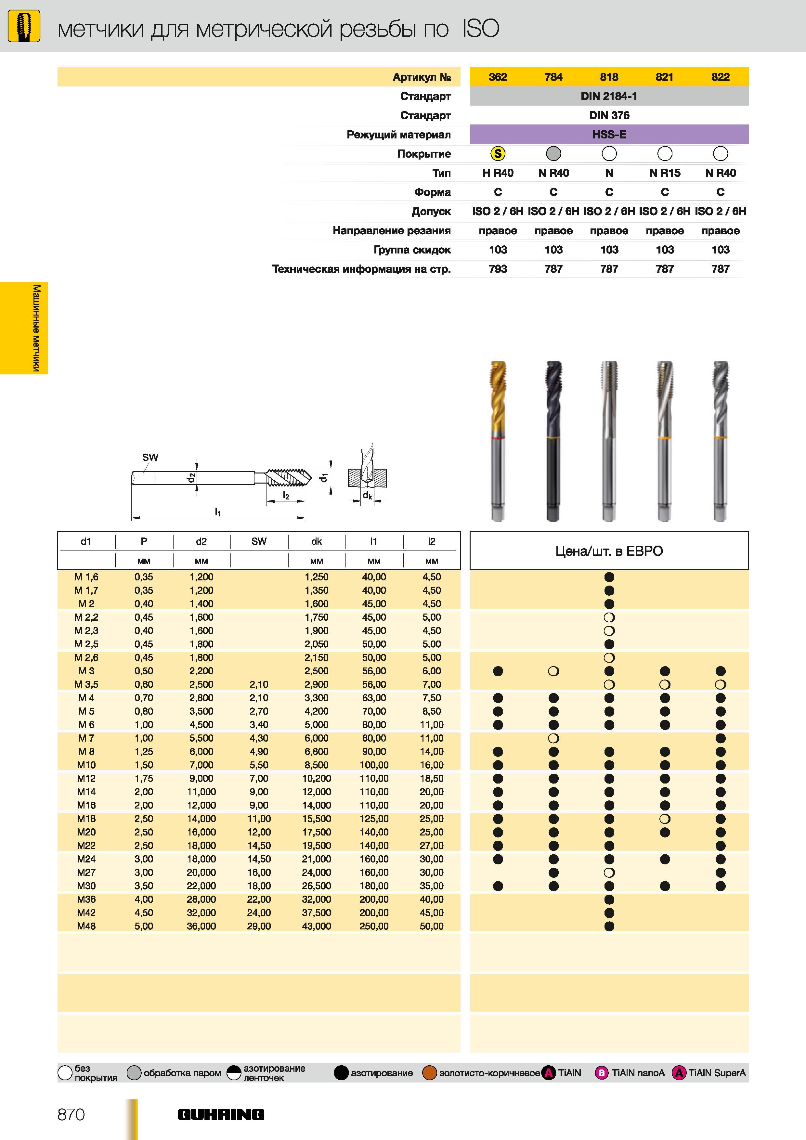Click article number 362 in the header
(x=498, y=77)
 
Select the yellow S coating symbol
(x=498, y=154)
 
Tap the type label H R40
(x=498, y=173)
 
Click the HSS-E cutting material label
(x=609, y=135)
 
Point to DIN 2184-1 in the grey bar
(x=609, y=96)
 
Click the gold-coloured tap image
(x=498, y=441)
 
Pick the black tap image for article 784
(x=553, y=441)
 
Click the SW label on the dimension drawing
(x=150, y=457)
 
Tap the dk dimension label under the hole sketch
(x=367, y=495)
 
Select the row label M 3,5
(x=86, y=684)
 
